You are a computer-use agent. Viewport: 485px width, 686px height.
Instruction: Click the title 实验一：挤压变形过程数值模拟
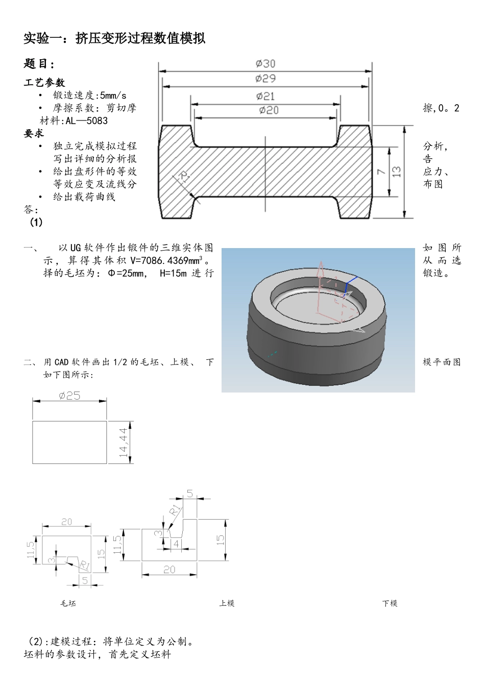114,38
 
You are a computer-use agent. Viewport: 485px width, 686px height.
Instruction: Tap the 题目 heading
39,64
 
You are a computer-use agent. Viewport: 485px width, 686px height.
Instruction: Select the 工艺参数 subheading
44,82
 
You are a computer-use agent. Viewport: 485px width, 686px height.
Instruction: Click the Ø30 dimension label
265,63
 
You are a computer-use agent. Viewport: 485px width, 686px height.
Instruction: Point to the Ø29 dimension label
265,79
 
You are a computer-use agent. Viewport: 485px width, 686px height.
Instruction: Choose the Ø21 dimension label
266,96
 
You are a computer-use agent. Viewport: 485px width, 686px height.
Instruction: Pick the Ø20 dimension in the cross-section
269,110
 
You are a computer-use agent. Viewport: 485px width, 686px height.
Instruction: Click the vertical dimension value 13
396,172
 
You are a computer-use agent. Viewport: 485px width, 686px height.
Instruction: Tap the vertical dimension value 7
381,172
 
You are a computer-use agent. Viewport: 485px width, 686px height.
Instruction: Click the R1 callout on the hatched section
184,178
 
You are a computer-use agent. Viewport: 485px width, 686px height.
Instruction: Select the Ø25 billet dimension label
69,396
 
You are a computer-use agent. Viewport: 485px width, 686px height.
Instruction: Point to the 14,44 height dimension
123,443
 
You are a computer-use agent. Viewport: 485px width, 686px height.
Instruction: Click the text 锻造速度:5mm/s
90,95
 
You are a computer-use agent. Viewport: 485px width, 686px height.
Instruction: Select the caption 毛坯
68,603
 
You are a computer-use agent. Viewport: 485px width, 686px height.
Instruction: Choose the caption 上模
227,603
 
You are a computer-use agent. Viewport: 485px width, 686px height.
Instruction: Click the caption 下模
390,603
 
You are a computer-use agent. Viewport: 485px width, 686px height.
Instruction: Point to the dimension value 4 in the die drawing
176,544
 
